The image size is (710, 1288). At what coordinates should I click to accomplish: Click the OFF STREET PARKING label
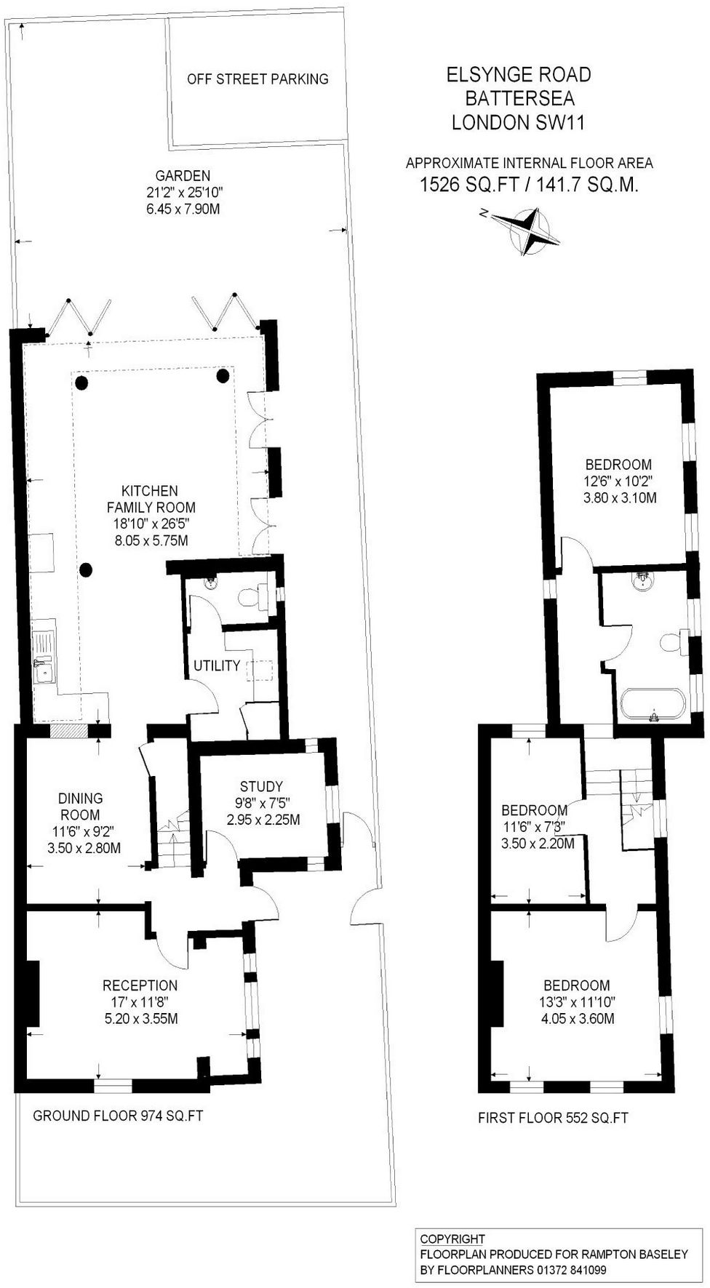click(258, 79)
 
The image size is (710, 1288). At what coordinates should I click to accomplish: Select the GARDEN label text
click(183, 175)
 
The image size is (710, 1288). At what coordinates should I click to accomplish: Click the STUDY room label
click(261, 786)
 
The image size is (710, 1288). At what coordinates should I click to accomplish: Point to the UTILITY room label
click(217, 665)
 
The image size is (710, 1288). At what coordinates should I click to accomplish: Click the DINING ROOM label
click(81, 807)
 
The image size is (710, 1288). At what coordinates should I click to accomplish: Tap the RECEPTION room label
click(140, 985)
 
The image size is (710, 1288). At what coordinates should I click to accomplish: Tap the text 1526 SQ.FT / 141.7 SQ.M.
click(529, 185)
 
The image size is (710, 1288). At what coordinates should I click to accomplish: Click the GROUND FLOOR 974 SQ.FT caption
click(118, 1116)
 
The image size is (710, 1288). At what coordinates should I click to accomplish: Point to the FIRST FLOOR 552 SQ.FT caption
click(553, 1118)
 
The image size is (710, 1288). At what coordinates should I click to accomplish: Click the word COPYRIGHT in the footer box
click(452, 1239)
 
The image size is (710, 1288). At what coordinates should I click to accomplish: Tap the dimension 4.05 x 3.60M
click(578, 1019)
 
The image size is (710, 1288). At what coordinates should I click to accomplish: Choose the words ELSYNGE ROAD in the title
click(519, 74)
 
